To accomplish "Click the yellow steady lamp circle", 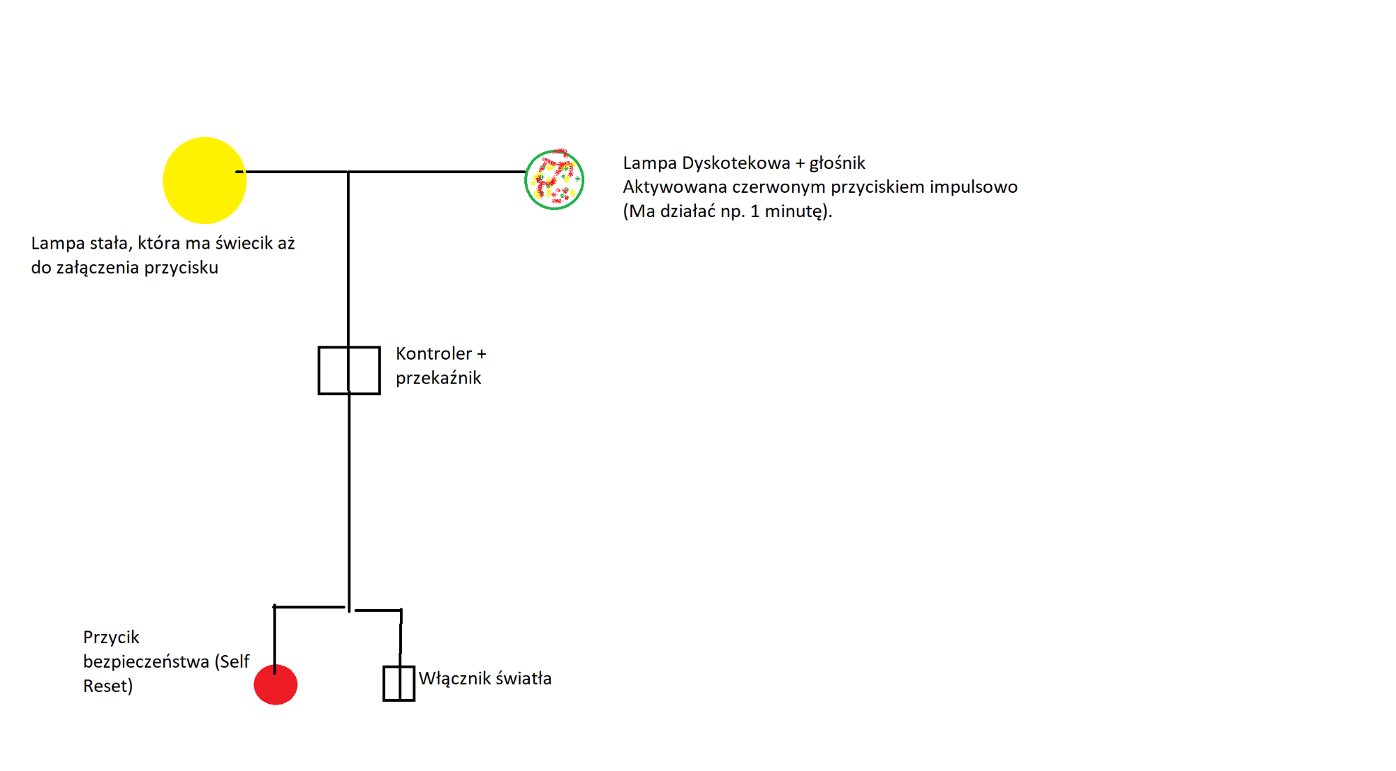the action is click(x=205, y=180).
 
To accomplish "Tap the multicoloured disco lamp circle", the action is click(x=554, y=179).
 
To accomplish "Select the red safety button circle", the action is click(x=276, y=684).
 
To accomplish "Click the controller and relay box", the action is click(x=349, y=370).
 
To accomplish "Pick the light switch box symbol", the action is click(x=399, y=684).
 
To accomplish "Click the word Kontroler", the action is click(x=434, y=354).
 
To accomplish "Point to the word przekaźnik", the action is click(x=438, y=378).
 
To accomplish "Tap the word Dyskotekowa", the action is click(x=736, y=163).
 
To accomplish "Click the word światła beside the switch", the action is click(x=523, y=678).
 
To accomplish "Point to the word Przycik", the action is click(x=111, y=638).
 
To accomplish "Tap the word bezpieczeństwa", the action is click(x=146, y=662).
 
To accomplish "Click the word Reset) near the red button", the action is click(x=107, y=686).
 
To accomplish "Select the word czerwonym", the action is click(x=779, y=188).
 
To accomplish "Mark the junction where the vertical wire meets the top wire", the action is click(x=348, y=172).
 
